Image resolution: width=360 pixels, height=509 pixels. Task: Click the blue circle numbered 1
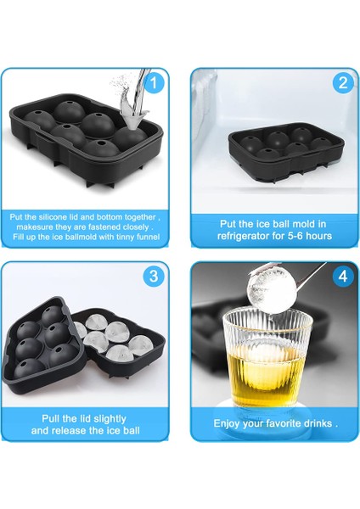[x=154, y=83]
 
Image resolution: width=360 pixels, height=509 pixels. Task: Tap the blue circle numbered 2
[x=343, y=83]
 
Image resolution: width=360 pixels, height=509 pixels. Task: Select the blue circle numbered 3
[x=154, y=277]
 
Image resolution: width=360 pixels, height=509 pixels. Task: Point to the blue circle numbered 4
[x=343, y=277]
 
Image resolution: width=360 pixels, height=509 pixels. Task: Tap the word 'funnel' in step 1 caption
[x=148, y=237]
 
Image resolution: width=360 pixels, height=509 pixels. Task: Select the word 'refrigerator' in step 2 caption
[x=241, y=236]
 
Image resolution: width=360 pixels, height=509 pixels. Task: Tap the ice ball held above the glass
[x=273, y=288]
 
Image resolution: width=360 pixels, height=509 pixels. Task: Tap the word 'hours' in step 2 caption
[x=319, y=236]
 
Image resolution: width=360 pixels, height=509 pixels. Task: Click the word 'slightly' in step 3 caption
[x=109, y=419]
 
